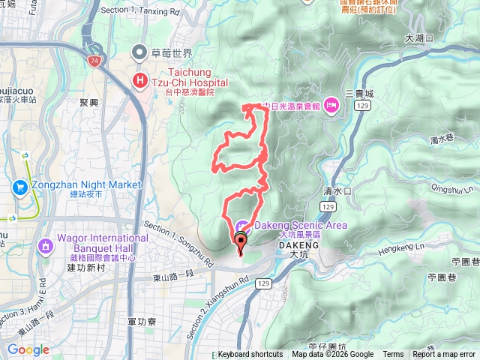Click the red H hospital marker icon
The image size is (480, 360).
pos(139,80)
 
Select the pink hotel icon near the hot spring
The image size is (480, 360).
pos(331,108)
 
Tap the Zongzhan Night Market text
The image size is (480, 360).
pos(86,184)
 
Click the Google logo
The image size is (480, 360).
pos(28,350)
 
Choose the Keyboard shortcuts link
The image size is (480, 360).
pos(250,355)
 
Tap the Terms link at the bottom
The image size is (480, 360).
pos(393,355)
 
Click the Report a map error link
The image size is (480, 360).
pos(444,355)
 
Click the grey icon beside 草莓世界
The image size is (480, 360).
pos(139,52)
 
